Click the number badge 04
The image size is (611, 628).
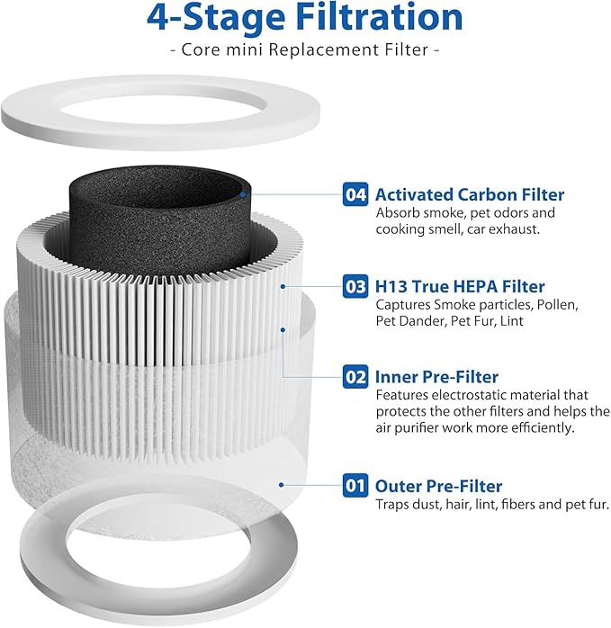[x=355, y=194]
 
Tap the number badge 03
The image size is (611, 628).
[x=355, y=287]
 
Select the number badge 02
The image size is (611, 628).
[x=355, y=377]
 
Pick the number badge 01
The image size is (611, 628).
[x=355, y=486]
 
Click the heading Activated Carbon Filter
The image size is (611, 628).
[x=469, y=194]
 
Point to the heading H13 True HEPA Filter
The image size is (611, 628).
[x=459, y=287]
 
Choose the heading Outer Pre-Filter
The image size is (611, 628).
[x=438, y=486]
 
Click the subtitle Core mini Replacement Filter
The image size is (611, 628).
[x=305, y=49]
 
